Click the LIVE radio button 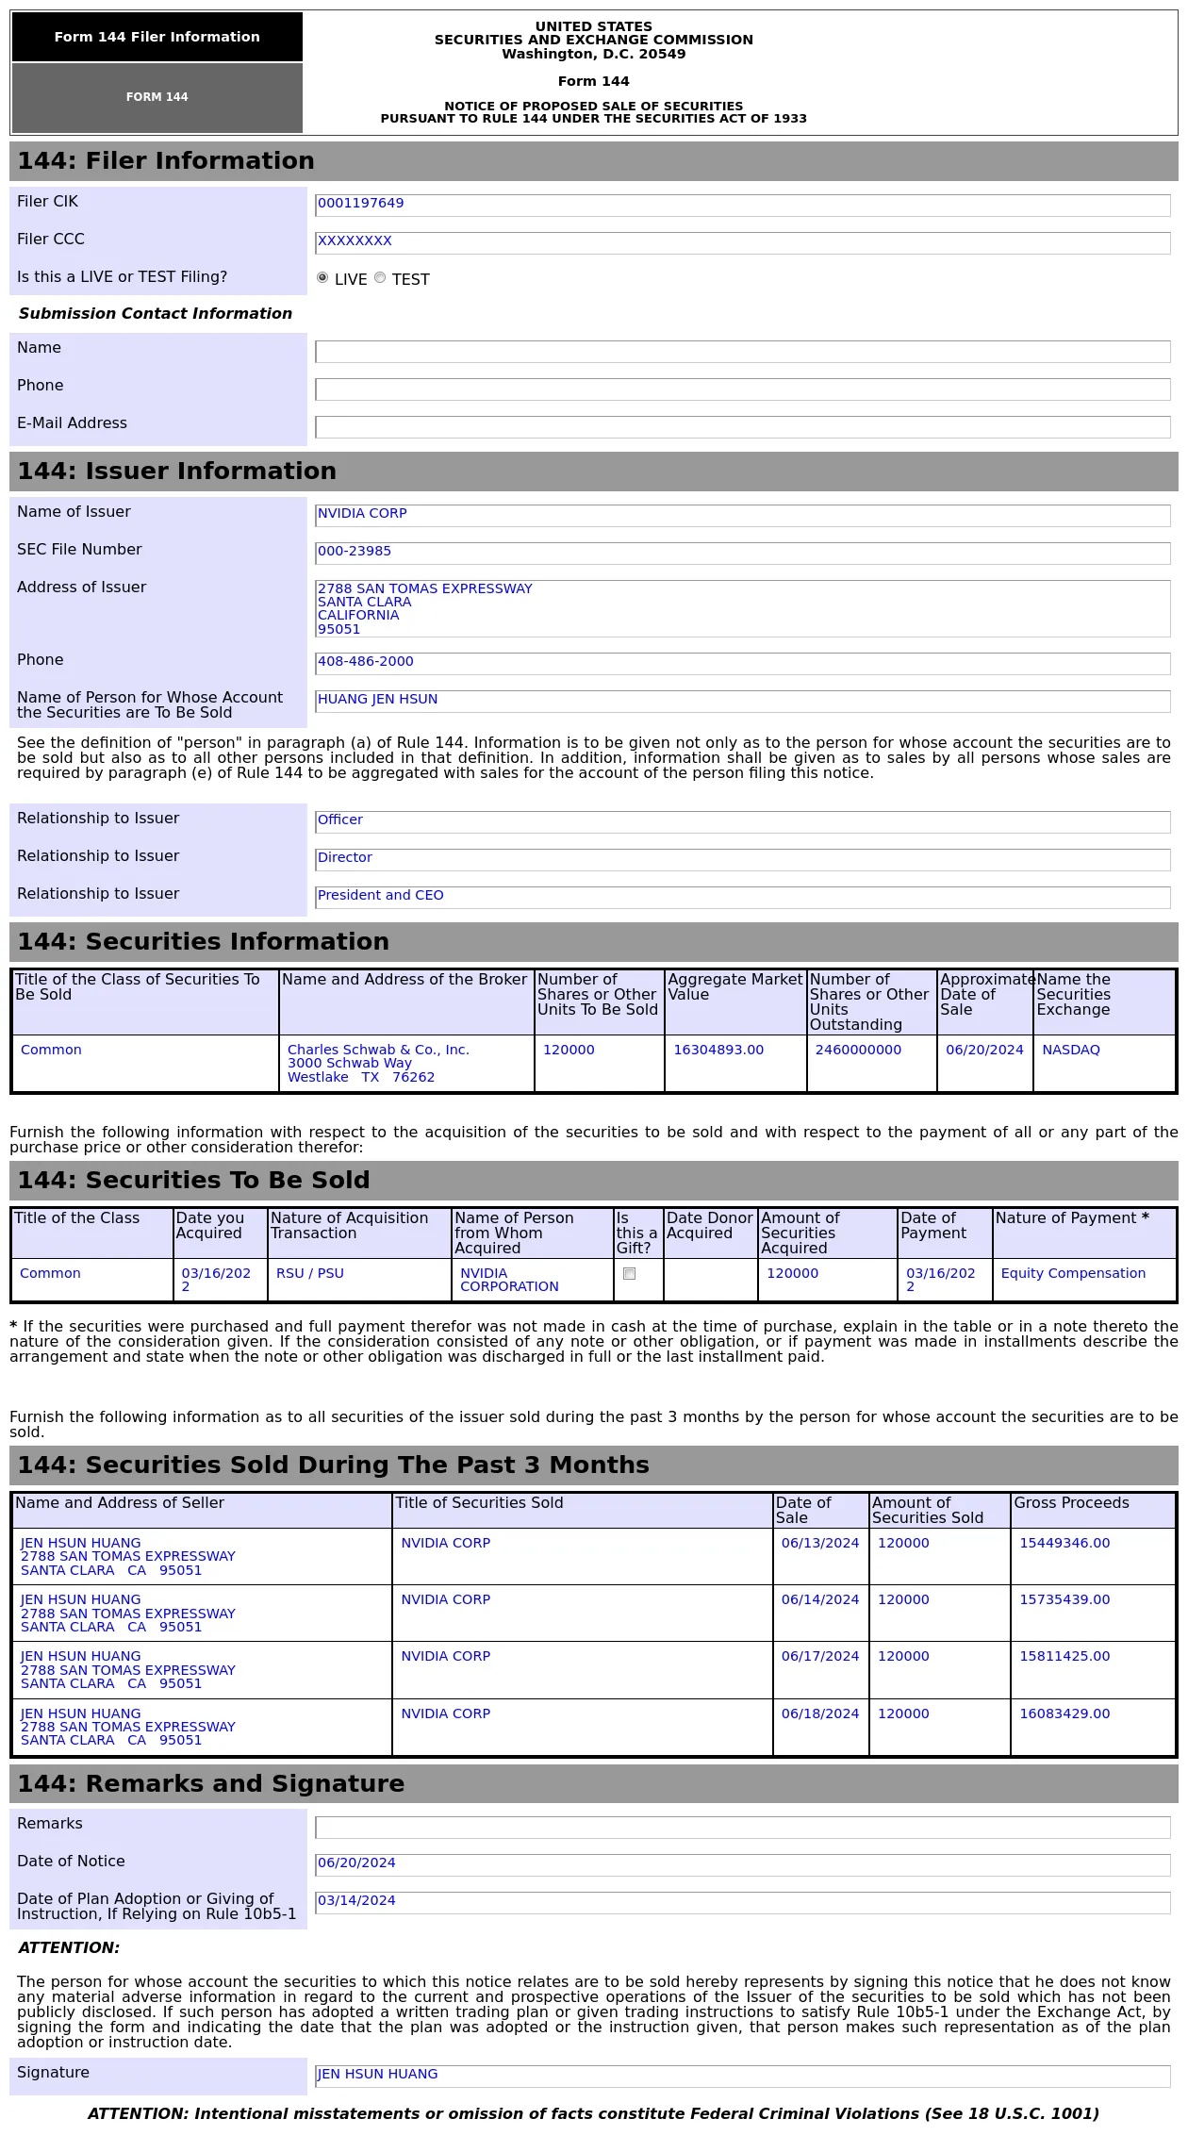point(322,278)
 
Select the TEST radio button point(380,278)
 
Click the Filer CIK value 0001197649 point(361,204)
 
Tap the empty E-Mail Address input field point(742,427)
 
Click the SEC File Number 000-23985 point(355,552)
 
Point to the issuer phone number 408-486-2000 point(366,662)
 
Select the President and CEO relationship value point(381,896)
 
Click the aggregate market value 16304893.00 point(718,1051)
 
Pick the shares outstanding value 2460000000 point(858,1051)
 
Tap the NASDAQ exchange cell point(1071,1051)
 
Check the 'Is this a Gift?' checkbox point(630,1274)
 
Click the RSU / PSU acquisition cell point(310,1274)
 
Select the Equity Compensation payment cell point(1073,1274)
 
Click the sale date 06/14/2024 point(820,1600)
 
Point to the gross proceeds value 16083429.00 point(1064,1714)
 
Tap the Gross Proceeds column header point(1071,1503)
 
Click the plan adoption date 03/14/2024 point(356,1901)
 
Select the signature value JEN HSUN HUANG point(377,2075)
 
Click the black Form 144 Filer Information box point(157,38)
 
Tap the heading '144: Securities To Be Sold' point(193,1181)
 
